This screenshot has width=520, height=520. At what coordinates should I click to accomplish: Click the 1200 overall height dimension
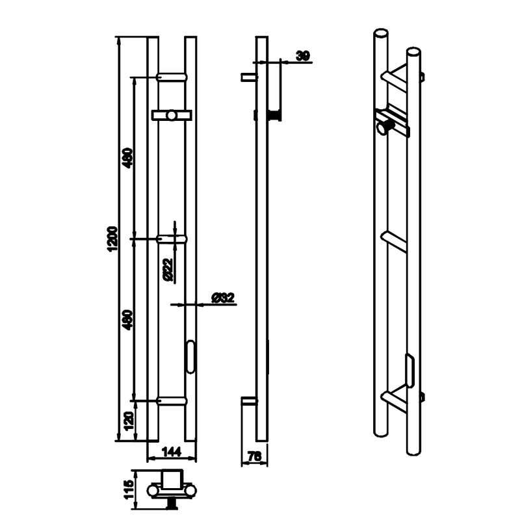pyautogui.click(x=112, y=239)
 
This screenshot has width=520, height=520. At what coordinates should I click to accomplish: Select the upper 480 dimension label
pyautogui.click(x=128, y=158)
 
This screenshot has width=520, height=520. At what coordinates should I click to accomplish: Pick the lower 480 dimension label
pyautogui.click(x=128, y=320)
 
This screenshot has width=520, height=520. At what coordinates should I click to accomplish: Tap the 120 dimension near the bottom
pyautogui.click(x=129, y=421)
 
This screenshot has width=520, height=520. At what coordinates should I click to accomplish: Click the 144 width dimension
pyautogui.click(x=172, y=451)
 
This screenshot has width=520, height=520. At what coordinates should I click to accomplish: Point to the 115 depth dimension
pyautogui.click(x=128, y=489)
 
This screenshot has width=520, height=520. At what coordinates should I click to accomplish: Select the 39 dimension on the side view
pyautogui.click(x=303, y=56)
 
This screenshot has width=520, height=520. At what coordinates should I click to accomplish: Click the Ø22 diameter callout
pyautogui.click(x=168, y=270)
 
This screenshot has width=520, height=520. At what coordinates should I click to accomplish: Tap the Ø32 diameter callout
pyautogui.click(x=223, y=298)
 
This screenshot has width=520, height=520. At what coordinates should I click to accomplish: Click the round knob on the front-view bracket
pyautogui.click(x=172, y=116)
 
